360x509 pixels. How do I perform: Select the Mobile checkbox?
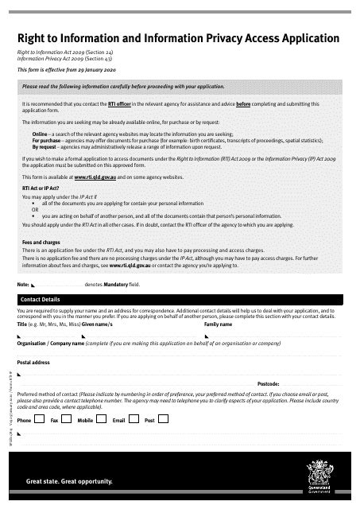tap(103, 418)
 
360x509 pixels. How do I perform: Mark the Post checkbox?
tap(164, 418)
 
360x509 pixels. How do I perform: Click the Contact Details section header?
tap(41, 299)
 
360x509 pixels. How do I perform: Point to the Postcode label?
tap(268, 383)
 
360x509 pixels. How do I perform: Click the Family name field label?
tap(219, 324)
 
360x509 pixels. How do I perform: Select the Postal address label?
tap(33, 362)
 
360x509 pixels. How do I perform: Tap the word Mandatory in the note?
tap(111, 284)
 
